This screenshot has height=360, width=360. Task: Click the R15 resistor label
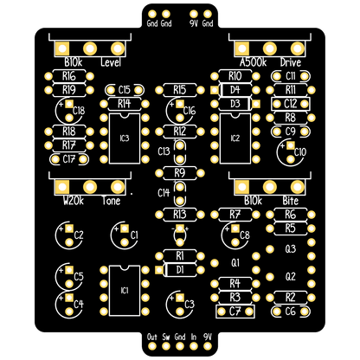180,90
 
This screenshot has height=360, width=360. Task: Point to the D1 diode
180,270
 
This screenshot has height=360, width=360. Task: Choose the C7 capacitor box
235,312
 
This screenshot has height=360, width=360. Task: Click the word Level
111,62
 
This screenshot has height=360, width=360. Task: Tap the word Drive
291,62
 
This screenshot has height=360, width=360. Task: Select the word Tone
111,201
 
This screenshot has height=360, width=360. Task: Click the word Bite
291,201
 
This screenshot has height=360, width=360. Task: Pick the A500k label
253,62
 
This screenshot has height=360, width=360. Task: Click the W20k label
74,201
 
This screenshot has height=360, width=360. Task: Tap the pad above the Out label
152,346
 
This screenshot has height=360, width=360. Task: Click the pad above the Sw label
166,346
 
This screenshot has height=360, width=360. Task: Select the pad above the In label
194,346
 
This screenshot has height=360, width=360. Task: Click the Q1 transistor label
235,263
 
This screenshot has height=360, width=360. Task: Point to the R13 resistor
180,215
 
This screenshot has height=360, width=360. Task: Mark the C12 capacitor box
291,104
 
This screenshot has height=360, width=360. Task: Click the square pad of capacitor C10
291,145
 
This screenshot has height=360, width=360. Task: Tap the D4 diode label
235,90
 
